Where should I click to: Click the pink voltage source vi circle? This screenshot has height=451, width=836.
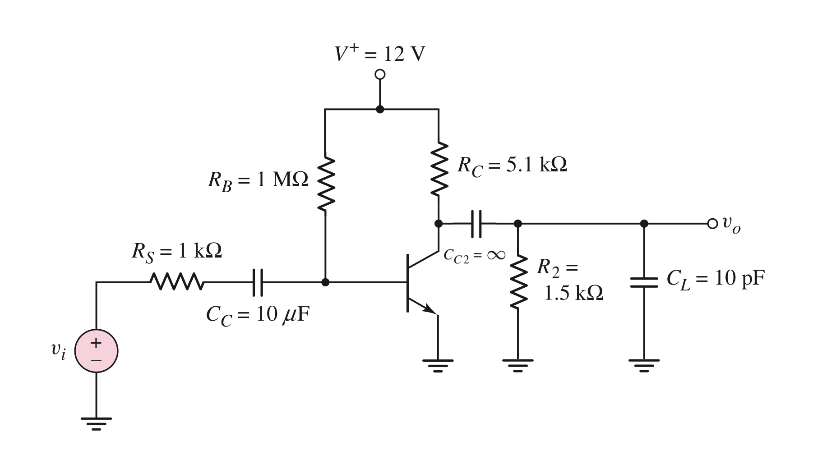[x=96, y=350]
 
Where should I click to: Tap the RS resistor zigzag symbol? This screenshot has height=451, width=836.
[x=176, y=282]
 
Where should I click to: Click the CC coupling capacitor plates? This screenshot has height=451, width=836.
[x=257, y=282]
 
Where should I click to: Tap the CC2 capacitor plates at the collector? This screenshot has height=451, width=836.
[x=476, y=223]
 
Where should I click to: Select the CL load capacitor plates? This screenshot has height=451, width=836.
[x=644, y=282]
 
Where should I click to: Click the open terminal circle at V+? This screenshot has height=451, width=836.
[x=380, y=74]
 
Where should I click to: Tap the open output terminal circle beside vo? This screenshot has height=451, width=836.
[x=712, y=223]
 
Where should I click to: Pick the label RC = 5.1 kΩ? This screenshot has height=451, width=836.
[x=512, y=166]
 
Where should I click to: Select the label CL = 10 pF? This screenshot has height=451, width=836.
[x=716, y=280]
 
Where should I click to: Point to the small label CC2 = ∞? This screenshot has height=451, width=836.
[x=474, y=255]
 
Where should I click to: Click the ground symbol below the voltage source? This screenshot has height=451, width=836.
[x=96, y=423]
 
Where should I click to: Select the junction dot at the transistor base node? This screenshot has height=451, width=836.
[x=325, y=282]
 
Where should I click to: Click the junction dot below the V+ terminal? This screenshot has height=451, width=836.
[x=380, y=109]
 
